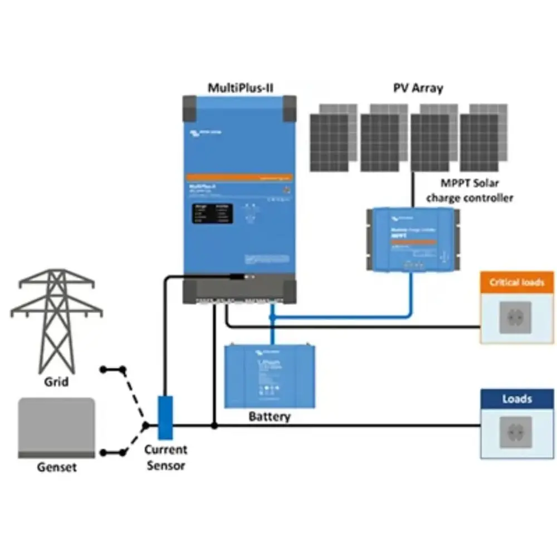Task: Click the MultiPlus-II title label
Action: pos(240,87)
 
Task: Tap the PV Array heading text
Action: pos(418,87)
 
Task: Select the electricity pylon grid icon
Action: pos(56,320)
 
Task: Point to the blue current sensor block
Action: pos(165,417)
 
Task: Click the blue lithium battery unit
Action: pos(270,376)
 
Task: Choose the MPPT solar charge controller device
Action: pos(412,238)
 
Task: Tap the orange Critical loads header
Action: pos(517,282)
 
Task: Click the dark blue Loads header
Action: pos(517,399)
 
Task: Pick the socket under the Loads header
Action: pos(515,432)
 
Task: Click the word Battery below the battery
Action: pos(270,416)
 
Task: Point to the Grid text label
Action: pos(56,382)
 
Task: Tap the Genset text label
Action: pos(57,467)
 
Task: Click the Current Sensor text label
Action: pos(165,457)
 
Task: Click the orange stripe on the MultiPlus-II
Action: pos(240,177)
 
